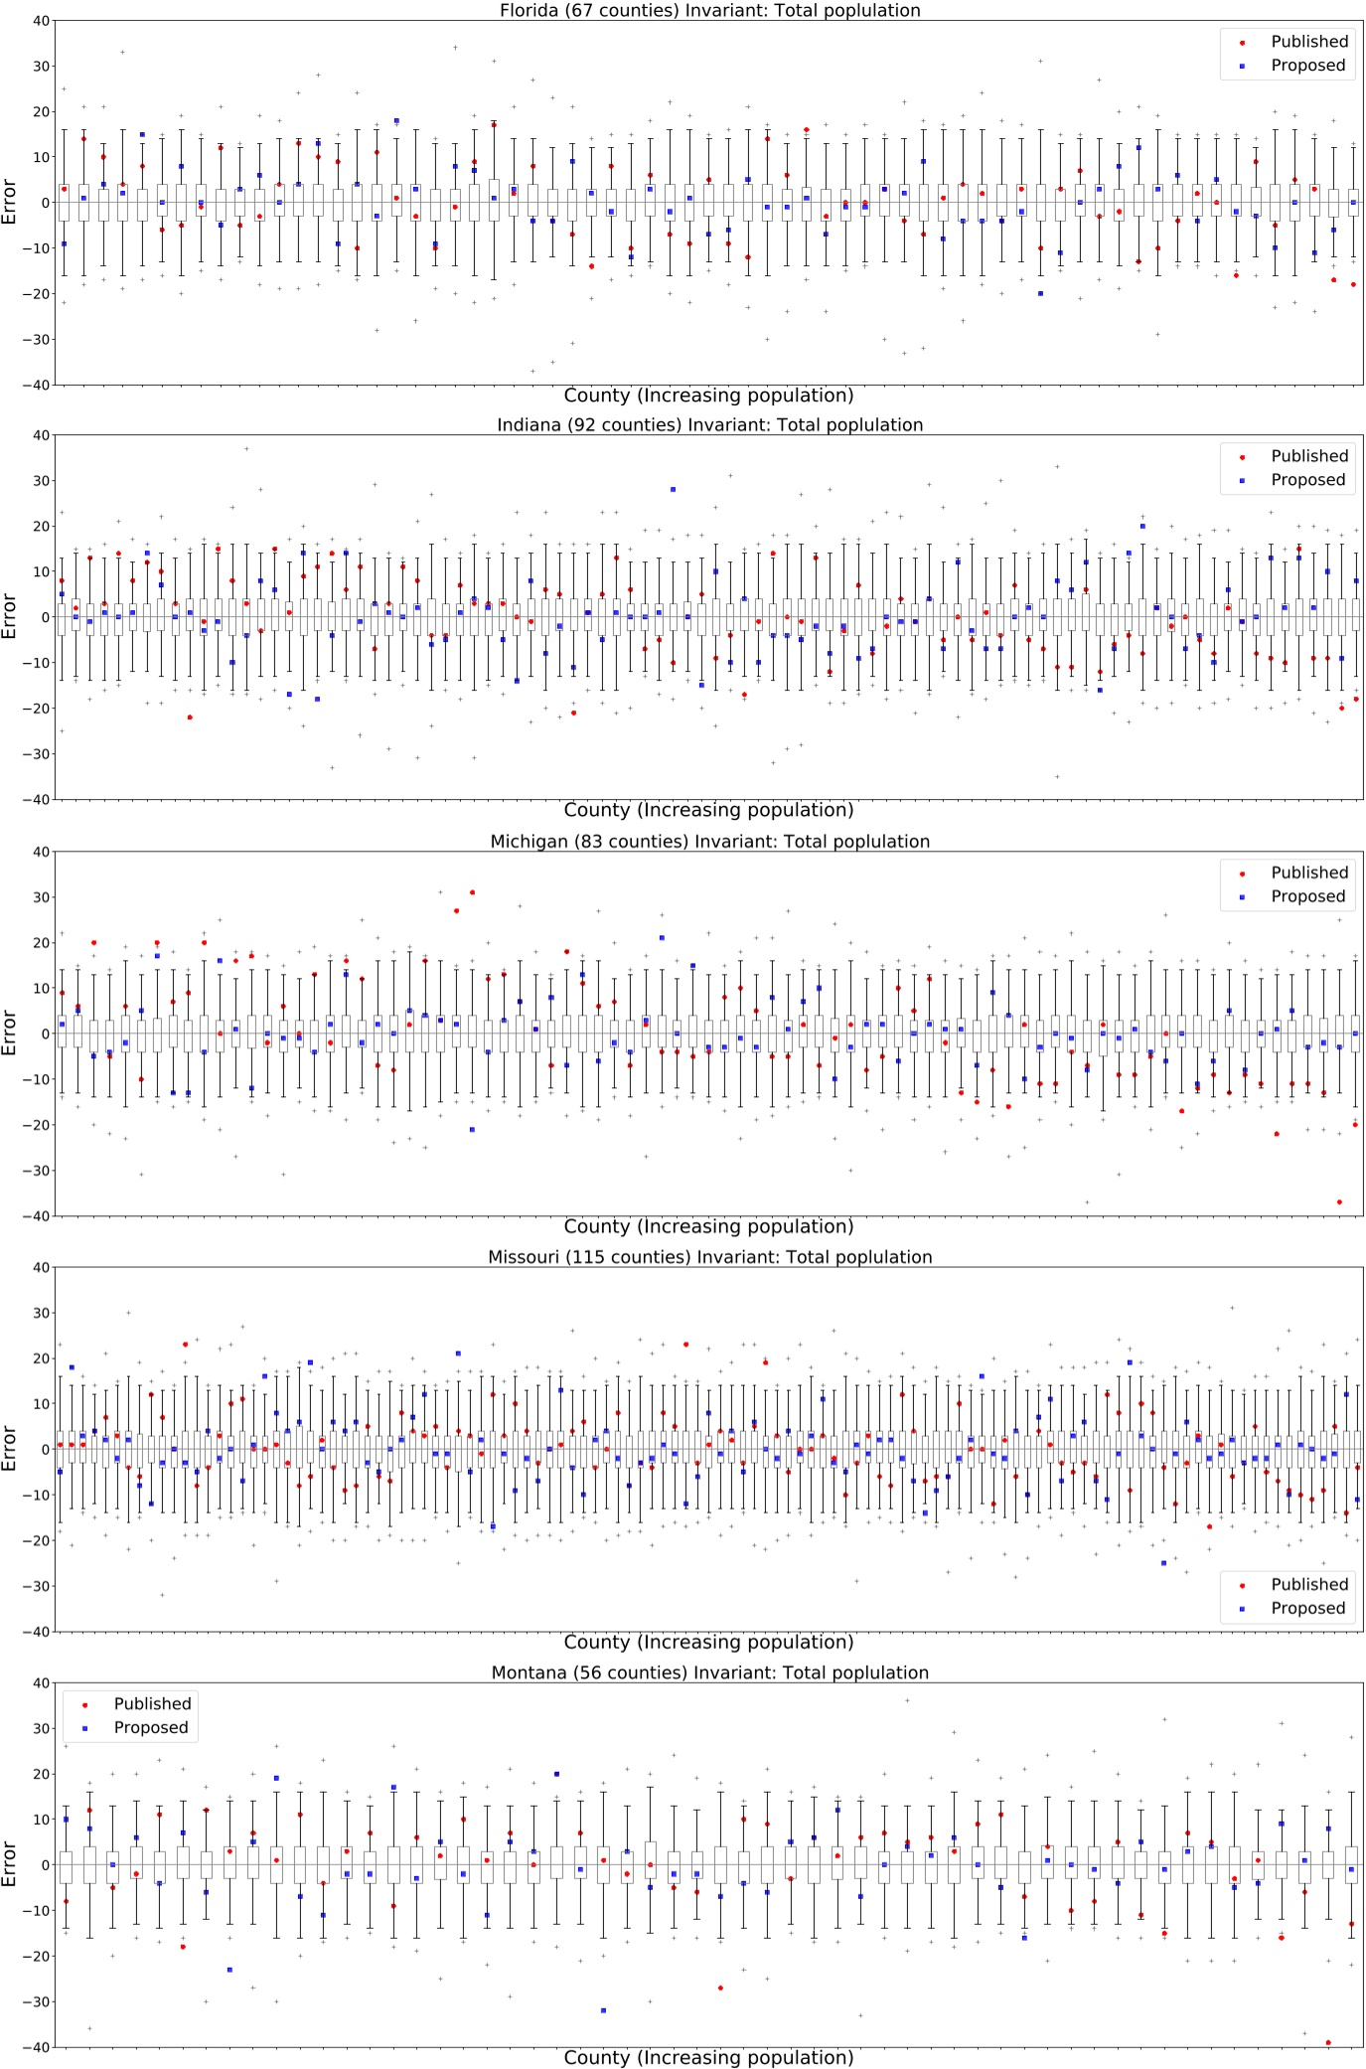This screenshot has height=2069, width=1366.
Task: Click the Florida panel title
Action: (x=709, y=11)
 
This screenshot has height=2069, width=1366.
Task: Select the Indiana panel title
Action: (x=709, y=425)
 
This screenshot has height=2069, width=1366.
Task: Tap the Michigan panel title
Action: (x=709, y=842)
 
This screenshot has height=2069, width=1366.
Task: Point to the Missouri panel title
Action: (x=709, y=1257)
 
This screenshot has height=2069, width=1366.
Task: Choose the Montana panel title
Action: (x=709, y=1672)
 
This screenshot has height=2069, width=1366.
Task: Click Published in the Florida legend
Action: (x=1308, y=42)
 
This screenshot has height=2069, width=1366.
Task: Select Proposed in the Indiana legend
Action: (x=1306, y=480)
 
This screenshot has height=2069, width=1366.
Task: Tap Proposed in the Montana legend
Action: (x=150, y=1727)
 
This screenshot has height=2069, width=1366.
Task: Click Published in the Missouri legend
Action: (x=1308, y=1584)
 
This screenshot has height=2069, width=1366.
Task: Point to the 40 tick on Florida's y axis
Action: (x=41, y=21)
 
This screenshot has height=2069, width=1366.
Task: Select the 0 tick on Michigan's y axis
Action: (x=45, y=1034)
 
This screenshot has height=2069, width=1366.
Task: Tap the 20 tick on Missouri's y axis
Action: (x=41, y=1358)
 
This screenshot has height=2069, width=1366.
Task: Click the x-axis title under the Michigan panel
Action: (x=708, y=1226)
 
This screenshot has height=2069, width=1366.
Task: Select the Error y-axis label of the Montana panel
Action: (x=10, y=1864)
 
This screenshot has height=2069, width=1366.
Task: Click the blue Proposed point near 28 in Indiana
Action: (x=673, y=489)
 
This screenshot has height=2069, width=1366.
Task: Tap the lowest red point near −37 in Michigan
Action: (x=1339, y=1201)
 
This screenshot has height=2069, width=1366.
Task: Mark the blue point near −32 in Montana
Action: (x=603, y=2010)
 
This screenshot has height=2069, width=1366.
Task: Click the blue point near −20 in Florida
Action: (x=1040, y=293)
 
